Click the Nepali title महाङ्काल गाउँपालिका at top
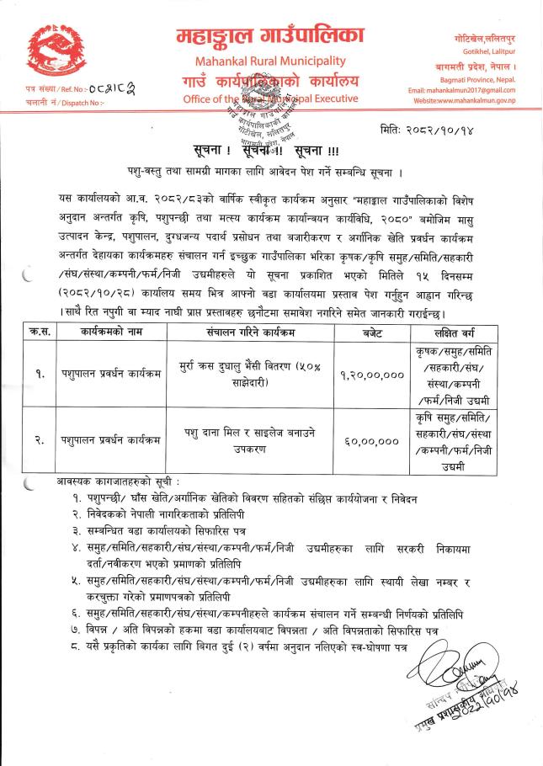[270, 35]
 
